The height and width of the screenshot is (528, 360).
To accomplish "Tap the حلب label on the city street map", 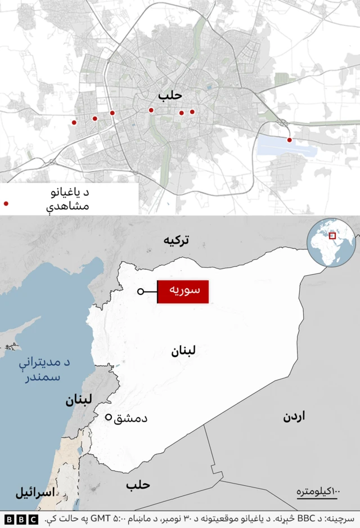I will click(170, 96).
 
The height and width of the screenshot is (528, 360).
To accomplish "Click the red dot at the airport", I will click(289, 140).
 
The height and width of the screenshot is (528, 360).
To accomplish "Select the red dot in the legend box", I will click(6, 204).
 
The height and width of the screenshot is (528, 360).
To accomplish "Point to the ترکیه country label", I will click(177, 240).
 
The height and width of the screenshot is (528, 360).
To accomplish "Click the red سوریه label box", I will click(183, 292).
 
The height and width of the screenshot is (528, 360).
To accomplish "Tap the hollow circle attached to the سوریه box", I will click(140, 292).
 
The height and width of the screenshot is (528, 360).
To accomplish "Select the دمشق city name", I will click(130, 418).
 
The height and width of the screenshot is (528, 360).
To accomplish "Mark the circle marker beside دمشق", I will click(109, 417).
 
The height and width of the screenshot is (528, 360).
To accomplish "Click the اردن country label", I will click(294, 417).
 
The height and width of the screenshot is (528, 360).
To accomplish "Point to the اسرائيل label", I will click(35, 493).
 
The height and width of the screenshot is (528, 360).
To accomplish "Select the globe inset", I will click(331, 243).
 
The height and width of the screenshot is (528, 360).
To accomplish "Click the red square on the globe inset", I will click(332, 236).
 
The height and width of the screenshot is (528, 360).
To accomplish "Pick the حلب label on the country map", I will click(138, 485).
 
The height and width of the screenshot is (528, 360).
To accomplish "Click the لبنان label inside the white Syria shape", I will click(183, 352).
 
